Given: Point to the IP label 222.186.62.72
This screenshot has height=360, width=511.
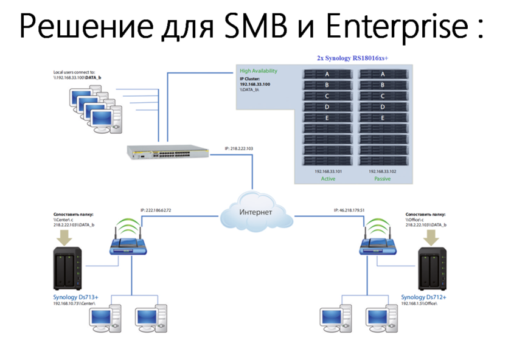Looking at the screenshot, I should click(156, 210).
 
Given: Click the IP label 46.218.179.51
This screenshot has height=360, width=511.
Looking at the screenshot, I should click(349, 210).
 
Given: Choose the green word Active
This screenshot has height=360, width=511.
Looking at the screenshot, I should click(327, 179).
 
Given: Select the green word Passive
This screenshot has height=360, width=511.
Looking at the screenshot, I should click(383, 179).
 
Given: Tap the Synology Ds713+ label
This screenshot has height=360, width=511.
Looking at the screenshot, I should click(76, 297).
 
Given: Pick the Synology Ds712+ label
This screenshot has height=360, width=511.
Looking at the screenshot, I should click(423, 297).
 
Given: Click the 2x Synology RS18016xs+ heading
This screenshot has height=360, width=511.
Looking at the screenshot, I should click(353, 58).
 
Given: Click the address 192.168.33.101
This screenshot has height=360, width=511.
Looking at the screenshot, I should click(328, 171).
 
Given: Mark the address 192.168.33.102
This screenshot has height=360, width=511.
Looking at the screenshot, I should click(383, 171).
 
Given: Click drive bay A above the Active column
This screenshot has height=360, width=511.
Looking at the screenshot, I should click(327, 74).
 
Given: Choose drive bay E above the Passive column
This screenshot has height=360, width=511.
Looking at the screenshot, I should click(383, 118).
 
